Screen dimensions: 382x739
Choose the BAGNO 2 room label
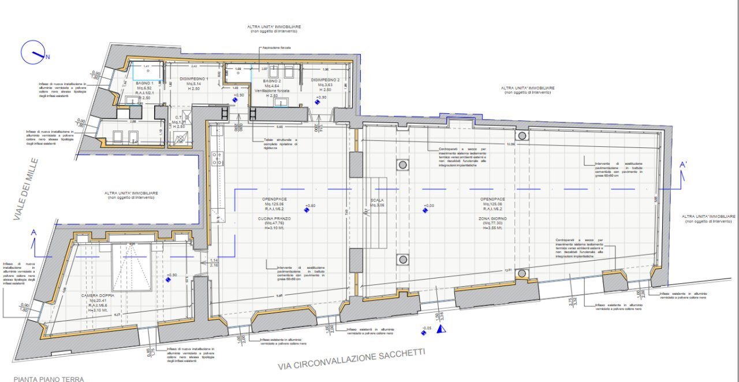pos(271,81)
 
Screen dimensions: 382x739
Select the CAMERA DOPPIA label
pos(98,295)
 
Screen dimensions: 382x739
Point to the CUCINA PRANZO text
pos(274,218)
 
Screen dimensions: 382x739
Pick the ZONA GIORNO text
pos(492,218)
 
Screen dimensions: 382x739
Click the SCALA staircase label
pos(377,200)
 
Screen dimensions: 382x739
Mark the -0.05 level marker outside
pos(426,328)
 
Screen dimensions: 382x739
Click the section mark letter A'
pos(683,165)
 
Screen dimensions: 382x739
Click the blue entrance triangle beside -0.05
pos(441,329)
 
